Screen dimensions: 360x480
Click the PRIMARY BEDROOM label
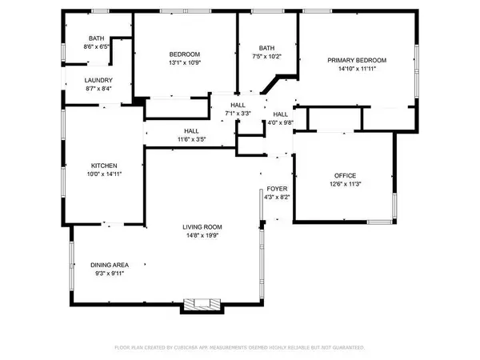(x=358, y=61)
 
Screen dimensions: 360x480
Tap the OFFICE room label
(x=345, y=176)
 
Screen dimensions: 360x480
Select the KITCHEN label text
(x=104, y=166)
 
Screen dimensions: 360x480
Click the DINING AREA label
(x=106, y=266)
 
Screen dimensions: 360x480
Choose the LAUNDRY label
(x=98, y=80)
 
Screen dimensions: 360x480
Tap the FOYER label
(x=276, y=189)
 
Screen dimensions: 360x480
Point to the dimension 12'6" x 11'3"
(x=345, y=184)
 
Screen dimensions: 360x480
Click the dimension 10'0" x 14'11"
(x=104, y=174)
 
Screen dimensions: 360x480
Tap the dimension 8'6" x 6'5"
(x=96, y=47)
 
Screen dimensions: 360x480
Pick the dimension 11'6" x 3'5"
(x=192, y=139)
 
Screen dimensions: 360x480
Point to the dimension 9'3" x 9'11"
(x=106, y=274)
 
